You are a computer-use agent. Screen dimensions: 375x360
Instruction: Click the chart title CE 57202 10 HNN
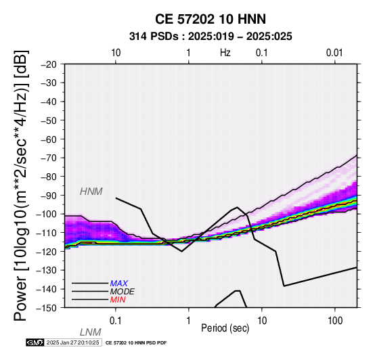tap(211, 19)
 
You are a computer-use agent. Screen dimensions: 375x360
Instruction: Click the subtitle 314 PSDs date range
tap(211, 37)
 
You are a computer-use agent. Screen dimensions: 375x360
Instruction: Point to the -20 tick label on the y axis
tap(49, 64)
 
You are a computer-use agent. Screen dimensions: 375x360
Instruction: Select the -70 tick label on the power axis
tap(49, 158)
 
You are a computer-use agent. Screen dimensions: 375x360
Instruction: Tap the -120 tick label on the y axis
tap(47, 252)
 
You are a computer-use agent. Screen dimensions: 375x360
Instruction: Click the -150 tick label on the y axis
tap(47, 308)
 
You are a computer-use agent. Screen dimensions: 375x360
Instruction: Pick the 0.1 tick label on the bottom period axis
tap(116, 321)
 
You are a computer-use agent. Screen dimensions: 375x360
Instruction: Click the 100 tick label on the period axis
tap(335, 321)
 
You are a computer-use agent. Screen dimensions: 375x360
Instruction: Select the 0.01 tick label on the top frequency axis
tap(334, 53)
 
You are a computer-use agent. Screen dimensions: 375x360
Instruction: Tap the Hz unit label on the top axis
tap(225, 53)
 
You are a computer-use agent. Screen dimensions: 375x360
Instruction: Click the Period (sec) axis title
tap(225, 328)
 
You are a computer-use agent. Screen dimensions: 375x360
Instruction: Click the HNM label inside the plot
tap(91, 192)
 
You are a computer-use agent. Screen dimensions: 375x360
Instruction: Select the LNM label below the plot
tap(91, 332)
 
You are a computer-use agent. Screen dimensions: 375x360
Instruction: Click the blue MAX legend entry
tap(119, 284)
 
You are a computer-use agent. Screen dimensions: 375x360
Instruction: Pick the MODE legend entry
tap(123, 292)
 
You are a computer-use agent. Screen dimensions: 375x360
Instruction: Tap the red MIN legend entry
tap(118, 300)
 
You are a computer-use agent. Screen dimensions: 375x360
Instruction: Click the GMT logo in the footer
tap(35, 342)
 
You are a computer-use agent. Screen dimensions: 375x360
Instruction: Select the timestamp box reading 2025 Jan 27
tap(73, 342)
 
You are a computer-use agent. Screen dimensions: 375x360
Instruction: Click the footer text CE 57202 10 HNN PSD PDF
tap(136, 343)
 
